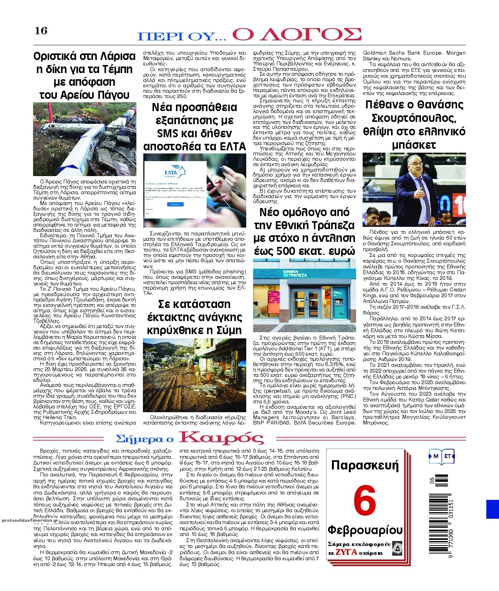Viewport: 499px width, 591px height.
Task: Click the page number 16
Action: [41, 31]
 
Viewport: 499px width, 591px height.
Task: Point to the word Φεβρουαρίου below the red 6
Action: [365, 530]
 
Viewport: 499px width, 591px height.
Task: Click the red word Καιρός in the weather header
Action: [222, 438]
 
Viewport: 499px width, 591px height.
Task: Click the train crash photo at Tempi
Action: [85, 138]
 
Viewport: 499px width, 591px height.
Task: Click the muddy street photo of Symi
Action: [194, 375]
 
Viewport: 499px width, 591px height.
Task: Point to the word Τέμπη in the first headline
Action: [114, 69]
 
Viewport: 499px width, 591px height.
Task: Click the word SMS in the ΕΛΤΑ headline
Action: [168, 133]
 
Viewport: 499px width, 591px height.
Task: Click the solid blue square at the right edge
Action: [492, 509]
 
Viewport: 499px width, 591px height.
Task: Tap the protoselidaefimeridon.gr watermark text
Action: [29, 521]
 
